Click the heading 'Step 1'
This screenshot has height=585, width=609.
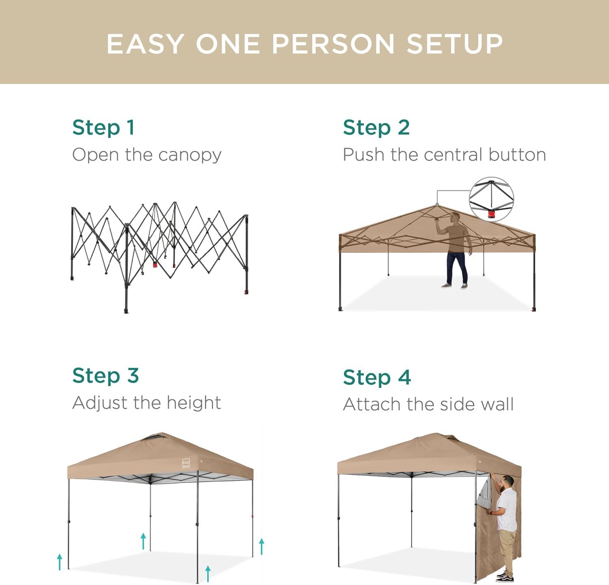click(103, 128)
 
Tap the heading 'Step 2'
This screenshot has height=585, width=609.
click(376, 128)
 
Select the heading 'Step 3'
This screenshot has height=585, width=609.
click(106, 376)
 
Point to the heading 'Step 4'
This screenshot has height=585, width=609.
click(377, 377)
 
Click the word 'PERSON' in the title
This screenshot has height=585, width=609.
click(333, 43)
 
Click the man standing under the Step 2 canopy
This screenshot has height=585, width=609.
click(456, 250)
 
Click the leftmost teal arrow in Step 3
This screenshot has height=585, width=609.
click(60, 561)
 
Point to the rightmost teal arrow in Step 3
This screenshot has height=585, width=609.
click(262, 546)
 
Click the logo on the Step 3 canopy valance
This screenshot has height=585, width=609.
click(186, 463)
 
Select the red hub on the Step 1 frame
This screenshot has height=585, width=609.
click(155, 264)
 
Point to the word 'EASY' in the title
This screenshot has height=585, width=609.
click(145, 43)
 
